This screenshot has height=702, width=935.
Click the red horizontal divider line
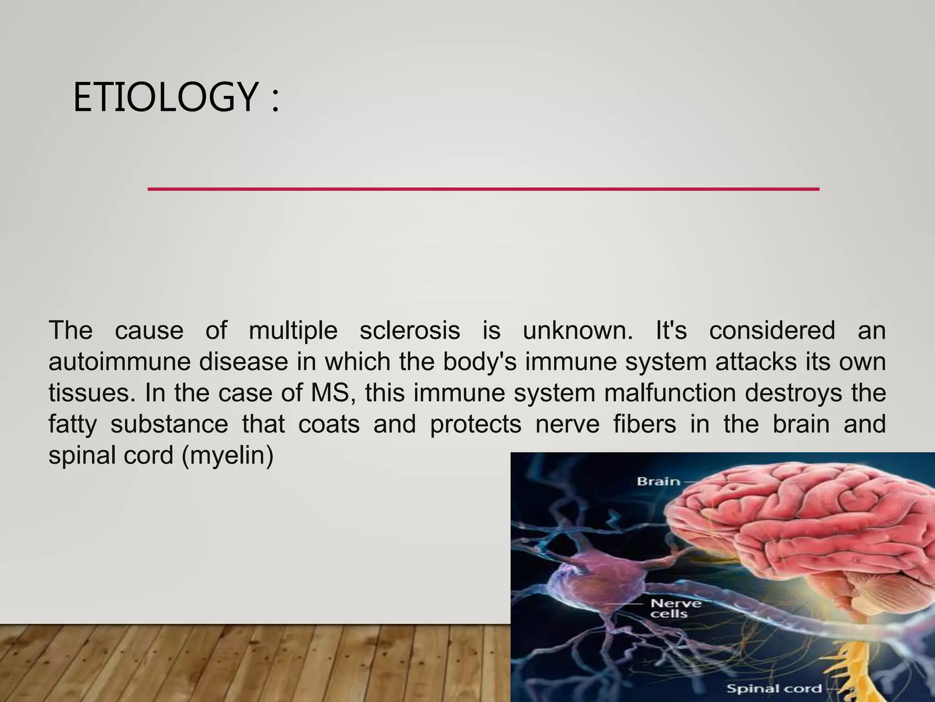483,189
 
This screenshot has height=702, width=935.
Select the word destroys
793,394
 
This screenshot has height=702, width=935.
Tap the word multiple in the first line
293,331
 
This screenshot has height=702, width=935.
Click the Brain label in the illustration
658,481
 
